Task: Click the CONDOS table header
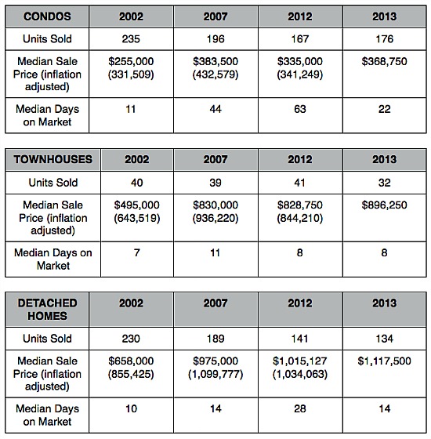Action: tap(47, 16)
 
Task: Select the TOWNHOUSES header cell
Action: tap(53, 159)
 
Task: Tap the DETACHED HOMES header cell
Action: tap(47, 310)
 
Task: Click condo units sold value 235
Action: tap(131, 39)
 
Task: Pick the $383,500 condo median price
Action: tap(215, 61)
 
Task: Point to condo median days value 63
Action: tap(300, 109)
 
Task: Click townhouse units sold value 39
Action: tap(215, 183)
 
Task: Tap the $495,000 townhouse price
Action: tap(137, 205)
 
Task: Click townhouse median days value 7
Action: tap(137, 252)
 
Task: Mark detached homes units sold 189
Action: tap(215, 339)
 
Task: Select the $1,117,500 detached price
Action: tap(384, 361)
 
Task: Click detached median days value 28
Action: tap(300, 408)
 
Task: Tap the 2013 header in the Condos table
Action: tap(384, 16)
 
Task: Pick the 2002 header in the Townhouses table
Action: tap(137, 159)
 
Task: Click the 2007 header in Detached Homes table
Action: tap(215, 303)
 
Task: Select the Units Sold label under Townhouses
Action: tap(53, 183)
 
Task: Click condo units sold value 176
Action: tap(384, 39)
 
